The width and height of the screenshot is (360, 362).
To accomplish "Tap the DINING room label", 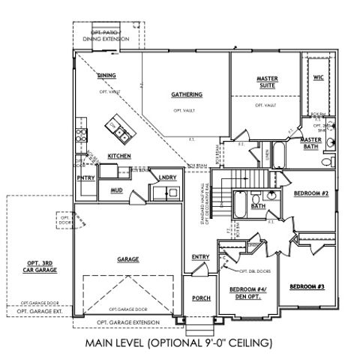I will pyautogui.click(x=106, y=75).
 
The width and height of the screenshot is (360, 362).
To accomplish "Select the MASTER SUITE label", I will pyautogui.click(x=267, y=82).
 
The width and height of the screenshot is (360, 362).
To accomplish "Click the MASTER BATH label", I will pyautogui.click(x=310, y=144).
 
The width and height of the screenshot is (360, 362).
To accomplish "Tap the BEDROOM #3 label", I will pyautogui.click(x=307, y=286).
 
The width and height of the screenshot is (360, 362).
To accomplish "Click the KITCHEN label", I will pyautogui.click(x=119, y=156).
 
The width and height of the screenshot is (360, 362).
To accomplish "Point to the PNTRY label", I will pyautogui.click(x=85, y=178).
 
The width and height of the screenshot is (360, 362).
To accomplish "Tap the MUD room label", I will pyautogui.click(x=116, y=190).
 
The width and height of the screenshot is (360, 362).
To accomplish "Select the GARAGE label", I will pyautogui.click(x=127, y=259).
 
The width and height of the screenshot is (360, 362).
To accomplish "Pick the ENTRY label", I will pyautogui.click(x=200, y=257).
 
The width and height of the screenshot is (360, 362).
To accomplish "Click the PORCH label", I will pyautogui.click(x=200, y=298).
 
